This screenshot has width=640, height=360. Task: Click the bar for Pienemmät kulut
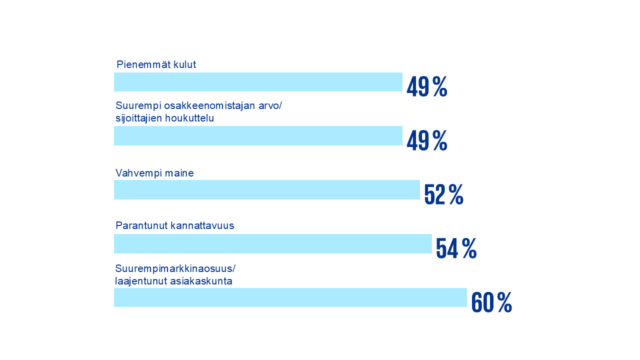258,82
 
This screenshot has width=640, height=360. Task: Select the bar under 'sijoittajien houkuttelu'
258,135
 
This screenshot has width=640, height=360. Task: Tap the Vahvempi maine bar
267,189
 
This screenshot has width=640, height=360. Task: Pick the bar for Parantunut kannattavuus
273,243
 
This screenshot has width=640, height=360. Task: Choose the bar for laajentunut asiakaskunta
290,297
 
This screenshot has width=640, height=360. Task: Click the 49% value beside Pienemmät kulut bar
426,87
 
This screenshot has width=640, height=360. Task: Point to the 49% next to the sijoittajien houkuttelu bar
426,141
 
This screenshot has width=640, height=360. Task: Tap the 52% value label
443,195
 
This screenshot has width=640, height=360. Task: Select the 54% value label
456,248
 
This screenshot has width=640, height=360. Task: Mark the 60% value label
491,302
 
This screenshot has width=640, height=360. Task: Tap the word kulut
183,64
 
